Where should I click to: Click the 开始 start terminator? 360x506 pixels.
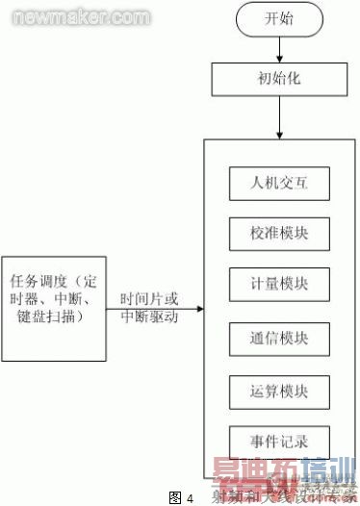click(279, 19)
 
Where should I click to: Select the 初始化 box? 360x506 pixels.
click(279, 77)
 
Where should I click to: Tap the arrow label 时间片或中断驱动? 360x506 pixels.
click(149, 307)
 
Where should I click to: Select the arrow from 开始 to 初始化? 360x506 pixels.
click(279, 47)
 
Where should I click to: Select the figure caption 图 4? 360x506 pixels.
click(180, 496)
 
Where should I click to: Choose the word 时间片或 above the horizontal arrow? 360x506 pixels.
click(149, 298)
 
